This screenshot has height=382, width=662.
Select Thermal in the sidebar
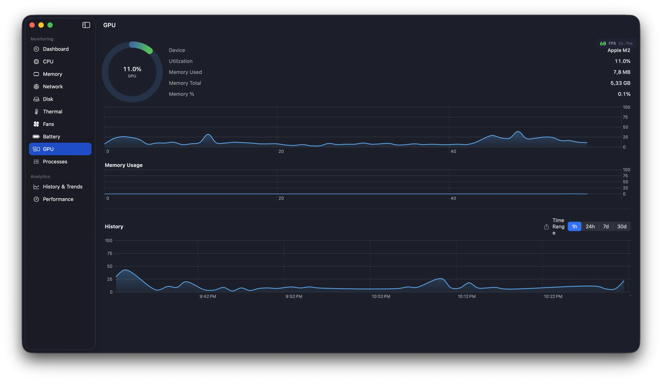[52, 111]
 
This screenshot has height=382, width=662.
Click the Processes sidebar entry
[55, 162]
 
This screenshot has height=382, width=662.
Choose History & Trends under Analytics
[62, 187]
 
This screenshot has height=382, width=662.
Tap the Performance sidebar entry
[58, 199]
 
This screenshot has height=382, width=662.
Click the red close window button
[32, 25]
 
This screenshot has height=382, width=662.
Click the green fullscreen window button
[50, 25]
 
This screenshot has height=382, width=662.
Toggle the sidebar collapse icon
[86, 25]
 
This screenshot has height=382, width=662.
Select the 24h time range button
[590, 226]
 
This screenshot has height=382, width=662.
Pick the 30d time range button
[622, 226]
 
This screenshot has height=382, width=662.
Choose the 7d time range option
[605, 226]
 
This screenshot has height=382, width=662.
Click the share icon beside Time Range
[546, 227]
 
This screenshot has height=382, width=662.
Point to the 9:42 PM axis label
[208, 296]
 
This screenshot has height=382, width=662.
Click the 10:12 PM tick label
[466, 296]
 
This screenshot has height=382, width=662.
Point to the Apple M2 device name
[619, 50]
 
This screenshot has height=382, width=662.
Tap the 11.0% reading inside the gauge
[132, 69]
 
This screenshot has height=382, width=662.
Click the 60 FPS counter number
[603, 43]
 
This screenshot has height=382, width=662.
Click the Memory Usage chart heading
[124, 165]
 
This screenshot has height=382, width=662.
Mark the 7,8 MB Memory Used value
[622, 72]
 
